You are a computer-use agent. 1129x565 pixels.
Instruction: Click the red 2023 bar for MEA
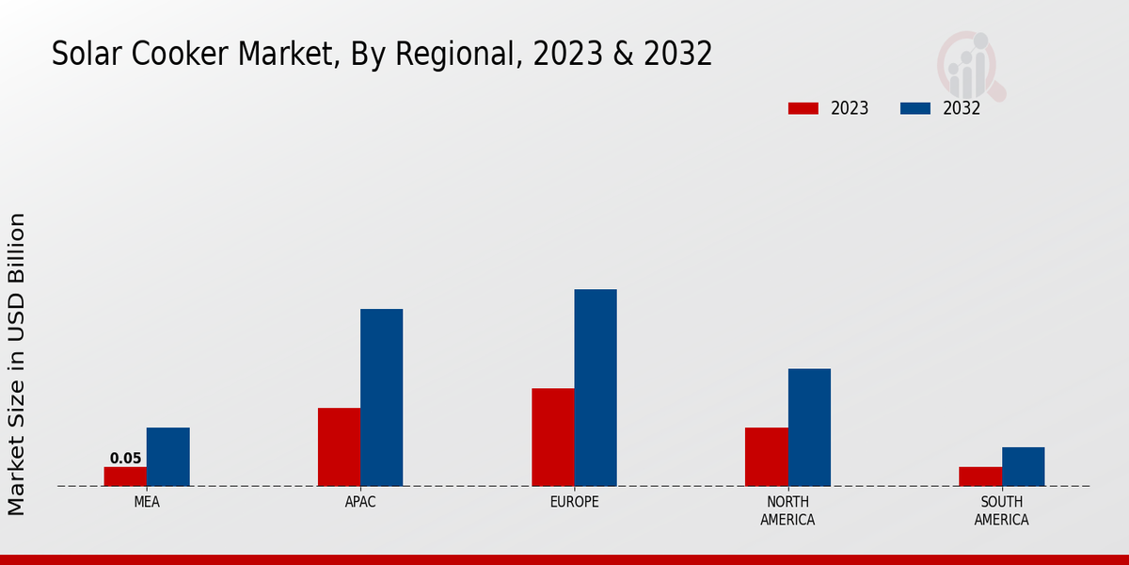(x=125, y=476)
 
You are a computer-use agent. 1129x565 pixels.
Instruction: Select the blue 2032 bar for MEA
(x=167, y=457)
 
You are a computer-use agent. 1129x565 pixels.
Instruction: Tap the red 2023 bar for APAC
(x=339, y=446)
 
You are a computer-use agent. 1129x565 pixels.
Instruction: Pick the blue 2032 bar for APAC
(x=381, y=397)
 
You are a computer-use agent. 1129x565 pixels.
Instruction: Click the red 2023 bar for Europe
(x=552, y=437)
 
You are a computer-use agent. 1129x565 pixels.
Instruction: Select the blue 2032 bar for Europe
(x=596, y=387)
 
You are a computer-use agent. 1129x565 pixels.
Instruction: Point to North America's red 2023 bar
(x=766, y=457)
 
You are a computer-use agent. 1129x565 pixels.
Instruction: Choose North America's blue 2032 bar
(x=809, y=427)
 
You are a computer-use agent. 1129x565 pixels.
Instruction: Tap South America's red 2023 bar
(x=979, y=476)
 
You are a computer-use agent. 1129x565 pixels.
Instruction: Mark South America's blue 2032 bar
(x=1023, y=466)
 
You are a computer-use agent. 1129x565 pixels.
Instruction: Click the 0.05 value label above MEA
(x=125, y=459)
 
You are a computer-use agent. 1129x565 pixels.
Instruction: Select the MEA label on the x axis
(x=147, y=502)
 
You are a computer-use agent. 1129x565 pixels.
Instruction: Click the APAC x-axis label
(x=360, y=502)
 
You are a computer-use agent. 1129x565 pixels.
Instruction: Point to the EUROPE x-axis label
(x=574, y=502)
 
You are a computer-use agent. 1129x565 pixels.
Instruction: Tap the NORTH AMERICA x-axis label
(x=787, y=510)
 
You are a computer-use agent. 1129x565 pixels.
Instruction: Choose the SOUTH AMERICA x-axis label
(x=1001, y=510)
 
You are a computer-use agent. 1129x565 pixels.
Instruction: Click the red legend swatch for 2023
(x=803, y=108)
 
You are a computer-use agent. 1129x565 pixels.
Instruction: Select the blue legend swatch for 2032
(x=914, y=108)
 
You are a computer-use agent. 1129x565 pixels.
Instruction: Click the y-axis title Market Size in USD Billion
(x=17, y=363)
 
